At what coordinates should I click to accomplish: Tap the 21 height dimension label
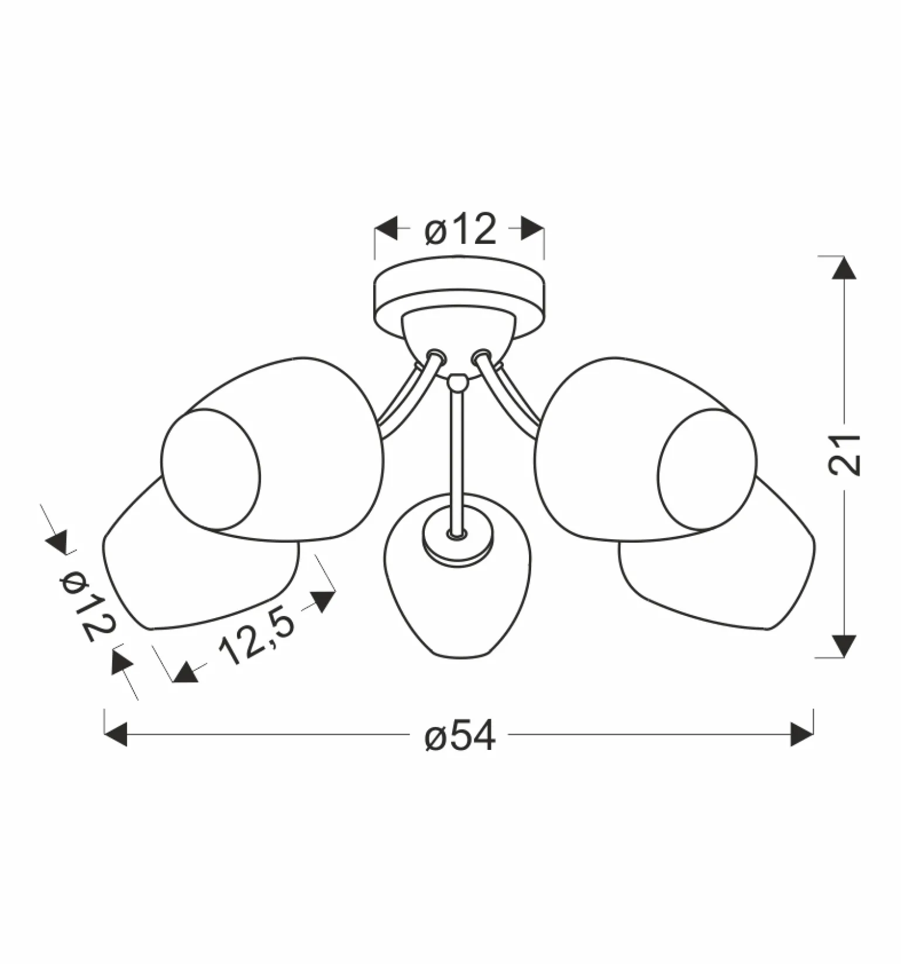844,455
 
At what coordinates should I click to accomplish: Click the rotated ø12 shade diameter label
87,605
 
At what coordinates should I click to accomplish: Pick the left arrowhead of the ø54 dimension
115,734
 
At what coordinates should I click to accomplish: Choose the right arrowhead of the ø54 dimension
802,734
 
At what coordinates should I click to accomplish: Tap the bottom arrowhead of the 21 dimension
844,646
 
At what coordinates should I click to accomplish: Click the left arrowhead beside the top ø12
386,228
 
